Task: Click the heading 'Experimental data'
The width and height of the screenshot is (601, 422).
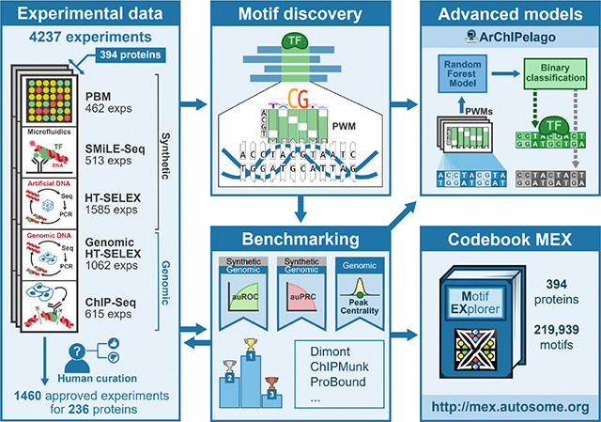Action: pyautogui.click(x=89, y=16)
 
